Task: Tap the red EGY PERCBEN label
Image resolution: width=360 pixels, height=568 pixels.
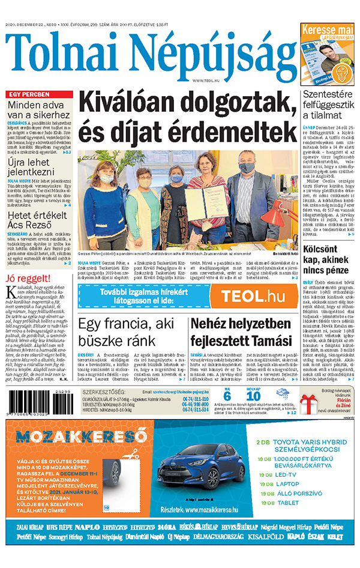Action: (30, 95)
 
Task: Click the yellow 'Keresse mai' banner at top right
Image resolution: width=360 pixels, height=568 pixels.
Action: (327, 29)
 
